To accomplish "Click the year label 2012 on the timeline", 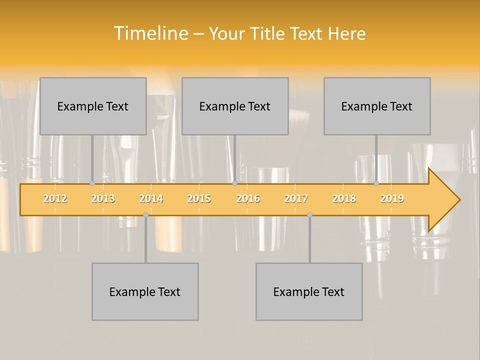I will pos(55,198).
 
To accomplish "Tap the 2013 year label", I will pos(103,198).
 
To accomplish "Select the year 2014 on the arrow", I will pos(151,198).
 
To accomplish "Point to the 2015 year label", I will pos(199,198).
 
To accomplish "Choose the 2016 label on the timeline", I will pos(248,198).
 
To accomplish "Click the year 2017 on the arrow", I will pos(296,198).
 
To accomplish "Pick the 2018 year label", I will pos(344,198).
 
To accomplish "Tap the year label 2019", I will pos(392,198).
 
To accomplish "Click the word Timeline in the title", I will pos(150,33).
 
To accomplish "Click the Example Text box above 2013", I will pos(93,106).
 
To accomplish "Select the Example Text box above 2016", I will pos(235,106).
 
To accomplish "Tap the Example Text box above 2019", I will pos(377,106).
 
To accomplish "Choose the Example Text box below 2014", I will pos(145,291).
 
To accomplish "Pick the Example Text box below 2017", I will pos(309,291).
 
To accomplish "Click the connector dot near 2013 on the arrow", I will pos(92,183).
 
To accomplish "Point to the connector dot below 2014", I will pos(145,214).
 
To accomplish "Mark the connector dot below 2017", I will pos(309,214).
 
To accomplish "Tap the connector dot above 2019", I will pos(376,183).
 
